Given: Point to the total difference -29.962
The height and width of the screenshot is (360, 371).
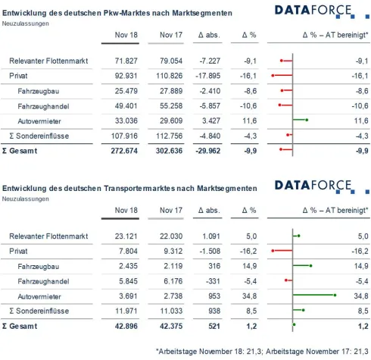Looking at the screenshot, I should click(207, 150).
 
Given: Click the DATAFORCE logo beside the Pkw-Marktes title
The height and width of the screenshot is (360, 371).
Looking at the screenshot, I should click(313, 11).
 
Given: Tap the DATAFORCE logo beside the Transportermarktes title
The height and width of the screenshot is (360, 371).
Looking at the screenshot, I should click(313, 186).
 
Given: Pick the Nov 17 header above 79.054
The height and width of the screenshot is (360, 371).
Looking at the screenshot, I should click(170, 36).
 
